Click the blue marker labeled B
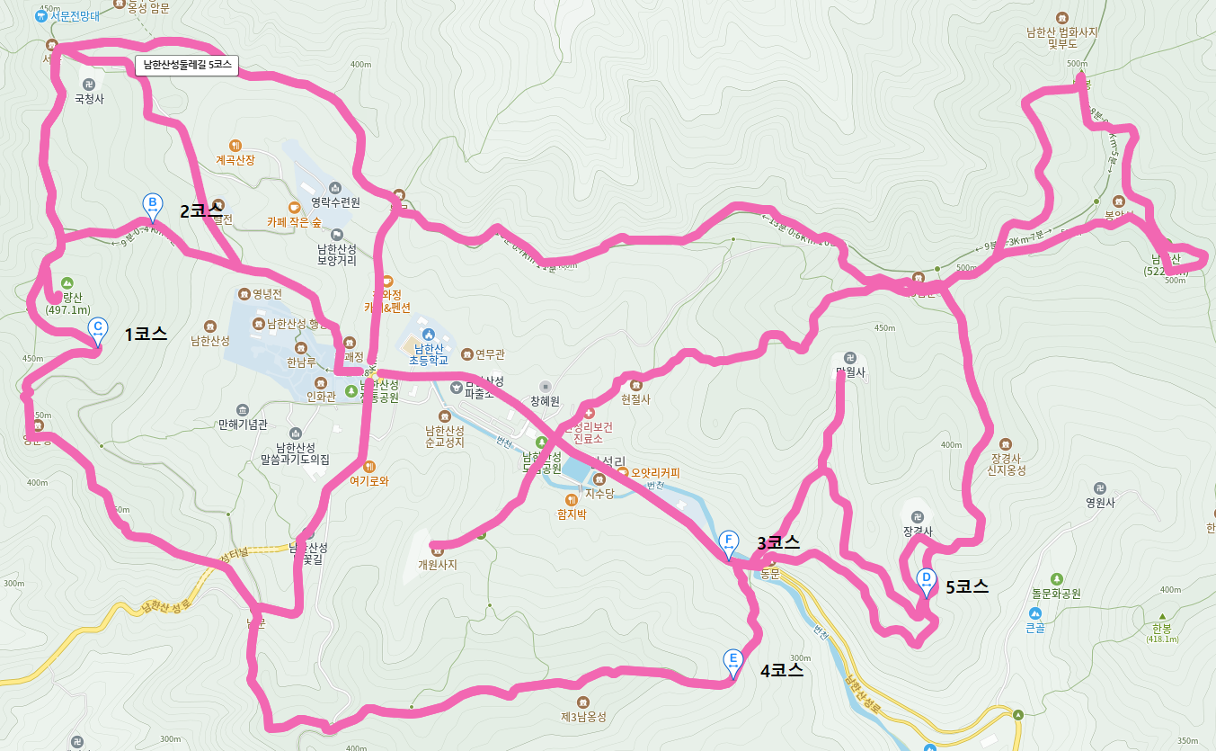point(153,205)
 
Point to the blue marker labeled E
point(733,661)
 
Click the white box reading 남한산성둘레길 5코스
point(187,66)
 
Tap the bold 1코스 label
point(146,335)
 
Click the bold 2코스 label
point(201,211)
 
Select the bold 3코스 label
point(778,543)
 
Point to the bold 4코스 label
point(781,670)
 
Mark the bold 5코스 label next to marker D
point(967,587)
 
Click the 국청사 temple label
point(89,99)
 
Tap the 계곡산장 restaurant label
point(235,160)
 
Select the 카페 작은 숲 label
point(294,221)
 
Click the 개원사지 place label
point(438,565)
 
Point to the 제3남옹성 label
point(584,717)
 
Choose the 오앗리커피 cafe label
point(655,472)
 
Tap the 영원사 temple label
point(1100,504)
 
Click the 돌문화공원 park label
point(1056,594)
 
